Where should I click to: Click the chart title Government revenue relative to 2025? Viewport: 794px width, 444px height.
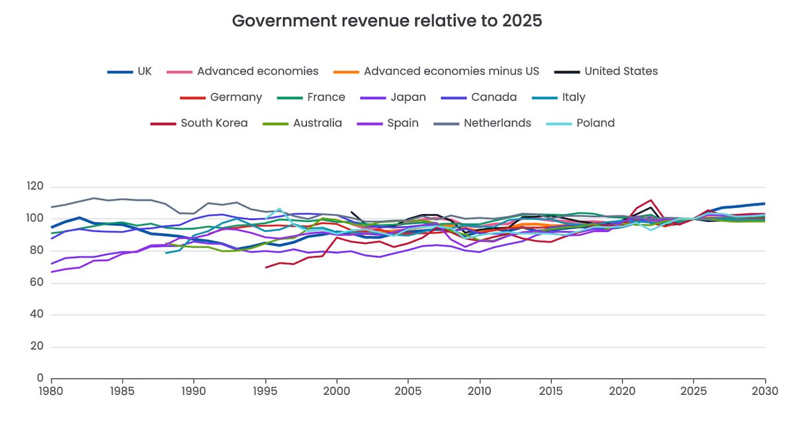(387, 21)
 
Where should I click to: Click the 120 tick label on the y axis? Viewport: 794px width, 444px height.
(34, 187)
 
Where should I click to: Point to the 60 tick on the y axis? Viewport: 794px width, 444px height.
(37, 283)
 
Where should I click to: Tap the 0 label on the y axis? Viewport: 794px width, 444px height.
(40, 378)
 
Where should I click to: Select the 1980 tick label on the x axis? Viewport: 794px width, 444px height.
(51, 392)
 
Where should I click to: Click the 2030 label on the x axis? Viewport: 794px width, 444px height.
(765, 392)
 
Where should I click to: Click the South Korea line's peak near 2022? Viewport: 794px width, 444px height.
(652, 200)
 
